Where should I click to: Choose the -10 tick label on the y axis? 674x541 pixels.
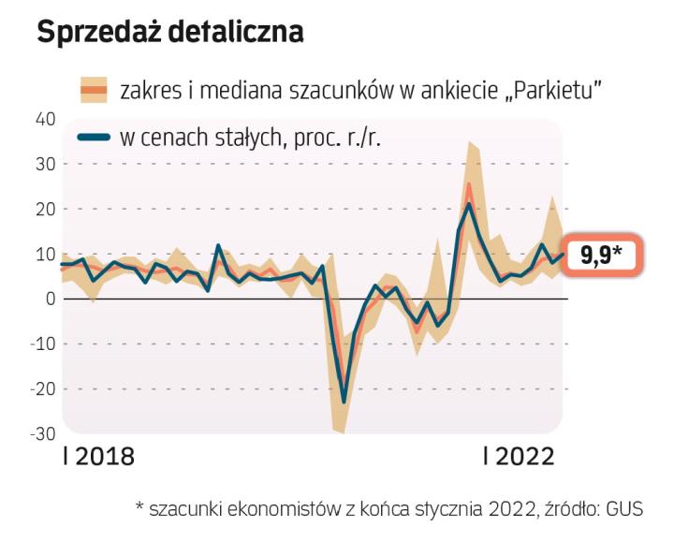click(42, 344)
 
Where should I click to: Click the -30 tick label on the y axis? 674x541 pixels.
click(42, 433)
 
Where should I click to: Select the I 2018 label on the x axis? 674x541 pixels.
click(97, 457)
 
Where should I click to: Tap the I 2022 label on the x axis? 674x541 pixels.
click(519, 457)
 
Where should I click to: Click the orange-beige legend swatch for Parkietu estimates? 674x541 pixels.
click(94, 90)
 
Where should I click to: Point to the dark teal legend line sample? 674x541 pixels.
click(94, 139)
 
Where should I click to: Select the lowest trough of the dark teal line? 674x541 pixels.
click(344, 402)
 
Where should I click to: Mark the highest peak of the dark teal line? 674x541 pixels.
click(469, 204)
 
